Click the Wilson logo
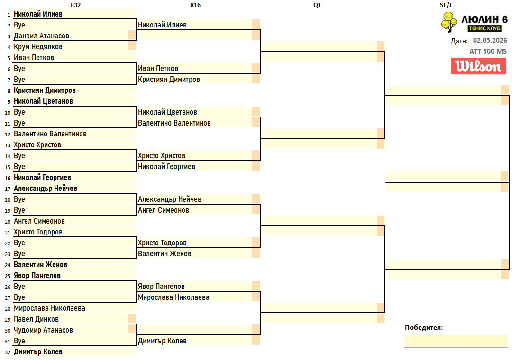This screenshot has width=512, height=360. (x=479, y=66)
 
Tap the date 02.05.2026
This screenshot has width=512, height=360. (x=490, y=40)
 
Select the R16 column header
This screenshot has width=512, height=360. (x=195, y=5)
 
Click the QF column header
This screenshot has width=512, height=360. (x=317, y=5)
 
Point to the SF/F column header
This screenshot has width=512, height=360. (x=446, y=5)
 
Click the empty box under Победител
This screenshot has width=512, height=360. (x=456, y=341)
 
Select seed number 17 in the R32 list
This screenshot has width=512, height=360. (x=8, y=189)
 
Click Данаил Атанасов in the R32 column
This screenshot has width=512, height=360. (x=41, y=36)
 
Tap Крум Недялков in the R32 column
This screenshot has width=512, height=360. (x=38, y=47)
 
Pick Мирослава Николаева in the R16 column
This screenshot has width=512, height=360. (x=174, y=297)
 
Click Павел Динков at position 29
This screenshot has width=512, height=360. (x=36, y=319)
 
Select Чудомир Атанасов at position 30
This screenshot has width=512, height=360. (x=44, y=330)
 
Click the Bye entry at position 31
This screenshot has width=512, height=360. (x=19, y=341)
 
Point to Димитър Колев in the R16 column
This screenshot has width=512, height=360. (x=162, y=341)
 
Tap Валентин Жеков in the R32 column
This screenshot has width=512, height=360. (x=40, y=265)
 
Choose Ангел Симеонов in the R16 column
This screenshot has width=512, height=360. (x=164, y=210)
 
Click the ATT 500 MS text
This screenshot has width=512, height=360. (x=488, y=51)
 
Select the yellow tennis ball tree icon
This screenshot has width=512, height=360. (x=449, y=22)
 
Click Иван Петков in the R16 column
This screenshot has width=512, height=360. (x=158, y=69)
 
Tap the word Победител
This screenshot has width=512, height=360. (x=424, y=327)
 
